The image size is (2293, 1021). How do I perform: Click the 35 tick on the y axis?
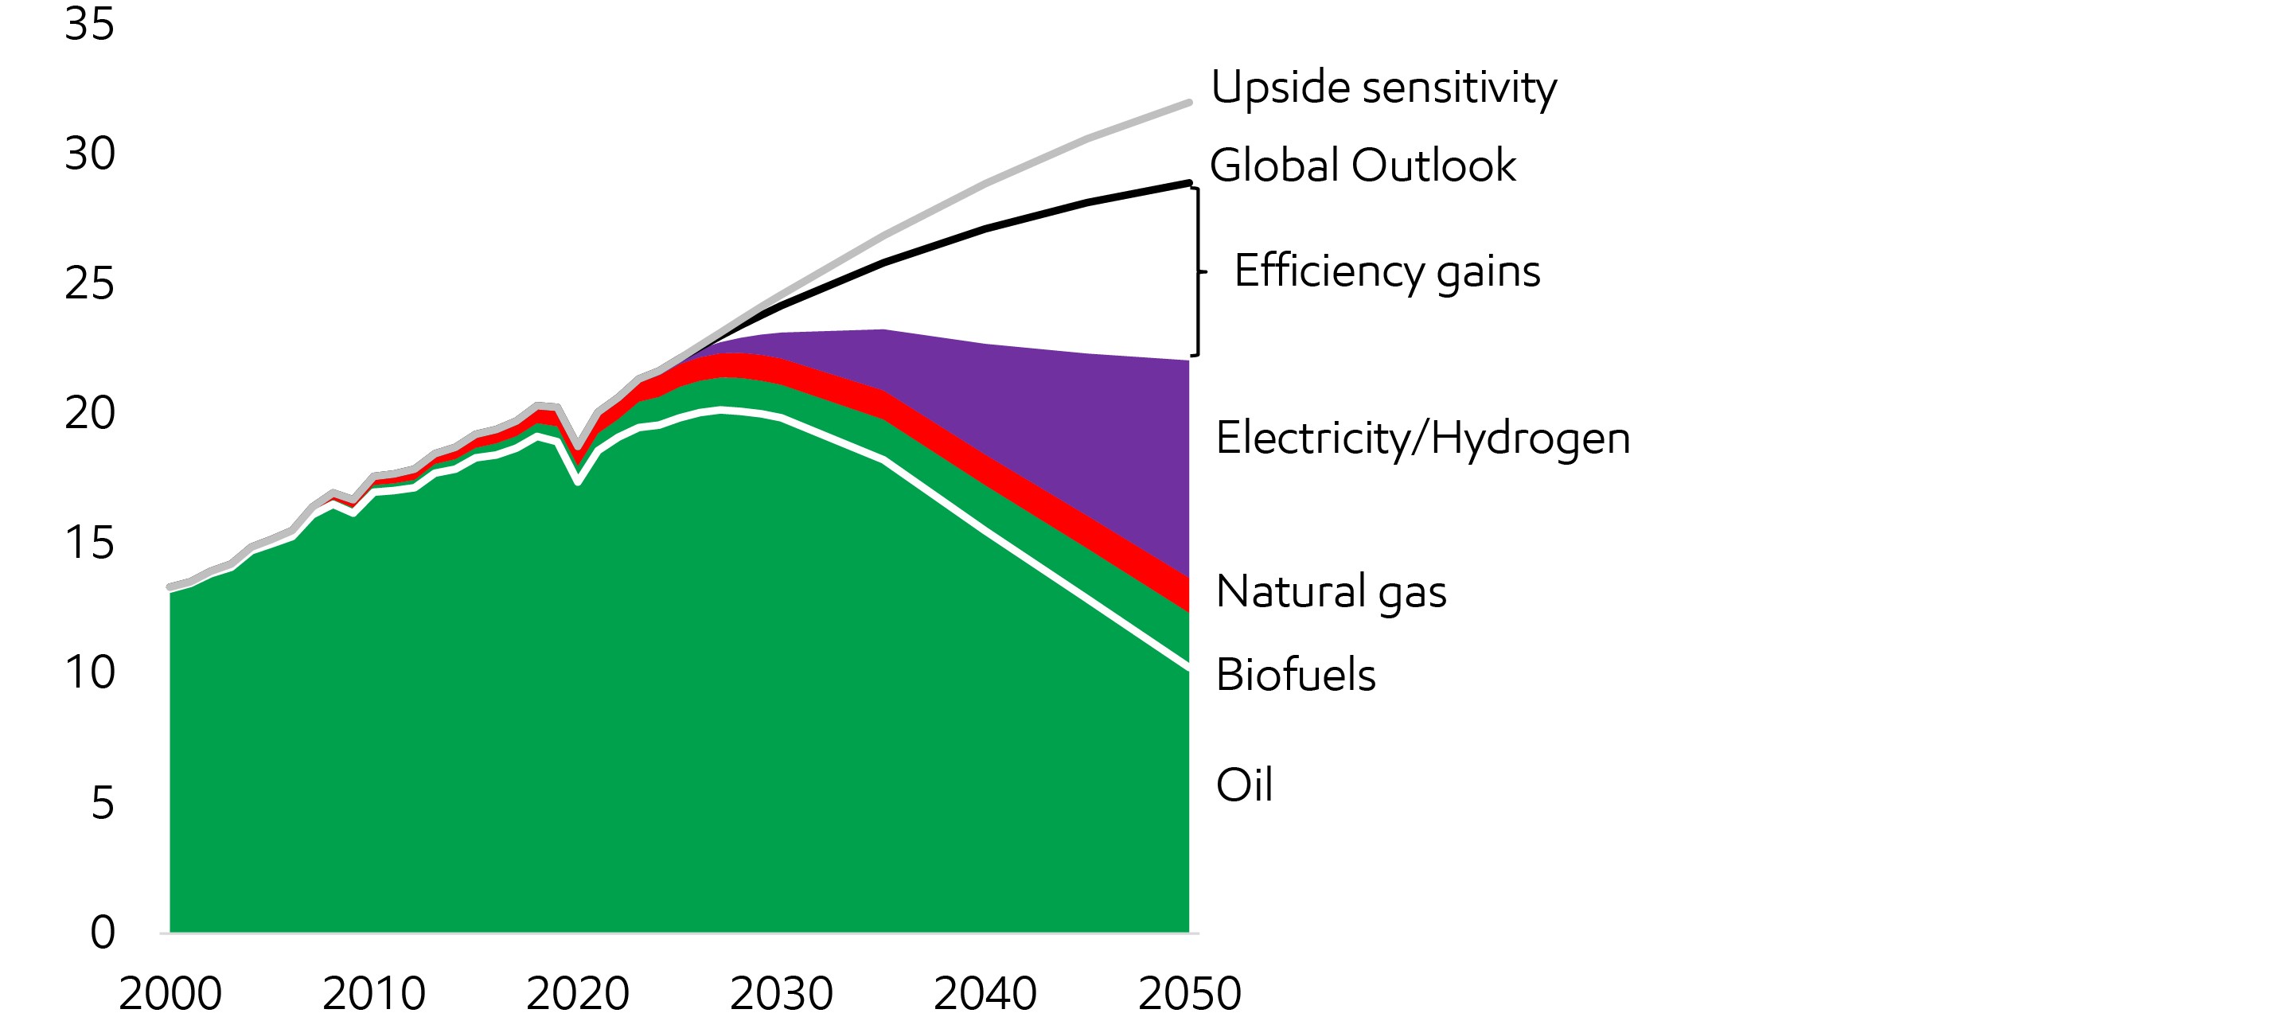[x=90, y=24]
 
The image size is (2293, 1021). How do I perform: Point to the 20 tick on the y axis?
[x=90, y=413]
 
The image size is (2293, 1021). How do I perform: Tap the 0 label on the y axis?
[x=103, y=932]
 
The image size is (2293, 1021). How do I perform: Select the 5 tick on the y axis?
[x=103, y=803]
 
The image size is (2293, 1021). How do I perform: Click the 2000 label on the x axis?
[x=170, y=993]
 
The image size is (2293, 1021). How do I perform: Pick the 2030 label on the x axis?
[x=782, y=993]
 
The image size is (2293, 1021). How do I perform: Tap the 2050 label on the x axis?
[x=1189, y=993]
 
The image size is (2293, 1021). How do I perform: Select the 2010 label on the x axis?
[x=374, y=993]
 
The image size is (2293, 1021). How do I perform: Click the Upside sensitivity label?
[x=1383, y=88]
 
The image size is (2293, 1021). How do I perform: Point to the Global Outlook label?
[x=1362, y=166]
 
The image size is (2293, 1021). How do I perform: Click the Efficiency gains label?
[x=1386, y=271]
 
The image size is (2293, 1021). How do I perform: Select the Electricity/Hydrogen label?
[x=1422, y=438]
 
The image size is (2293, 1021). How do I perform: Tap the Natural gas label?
[x=1331, y=592]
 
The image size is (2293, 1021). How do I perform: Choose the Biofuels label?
[x=1295, y=675]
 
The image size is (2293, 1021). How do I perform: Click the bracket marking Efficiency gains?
[x=1198, y=271]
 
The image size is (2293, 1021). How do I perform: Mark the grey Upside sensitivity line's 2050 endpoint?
[x=1189, y=103]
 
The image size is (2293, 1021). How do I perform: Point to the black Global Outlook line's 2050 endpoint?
[x=1189, y=182]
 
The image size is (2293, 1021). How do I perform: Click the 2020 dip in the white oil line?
[x=578, y=482]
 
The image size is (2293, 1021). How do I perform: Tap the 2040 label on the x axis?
[x=985, y=993]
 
